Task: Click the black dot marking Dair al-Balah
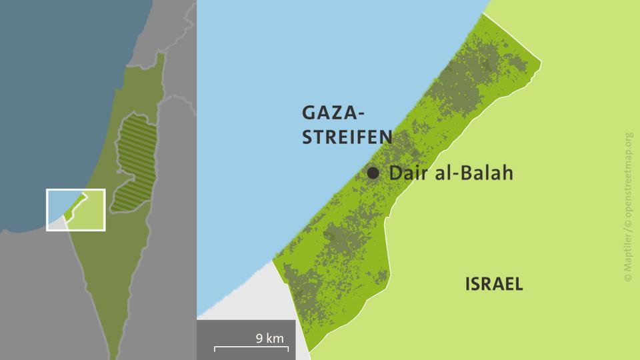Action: [x=373, y=173]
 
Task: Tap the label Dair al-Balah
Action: [x=451, y=173]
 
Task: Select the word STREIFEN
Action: [x=347, y=138]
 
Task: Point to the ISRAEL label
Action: [x=494, y=284]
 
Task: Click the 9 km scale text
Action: [x=270, y=338]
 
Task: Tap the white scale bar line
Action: [x=251, y=347]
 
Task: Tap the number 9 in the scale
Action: [x=259, y=338]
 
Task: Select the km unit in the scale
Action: [x=275, y=338]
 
